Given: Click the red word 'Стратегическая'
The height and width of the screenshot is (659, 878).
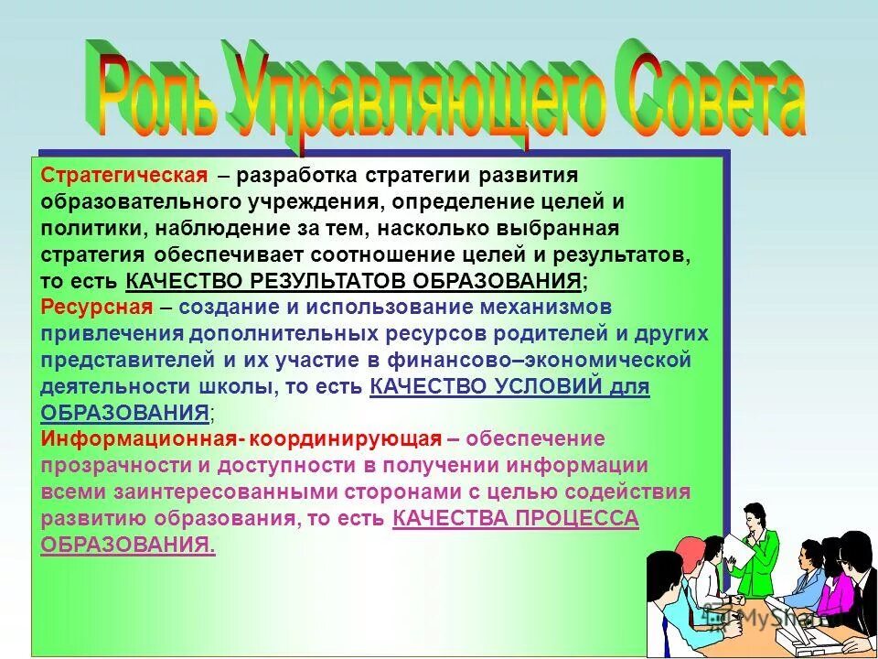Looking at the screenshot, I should tap(118, 175).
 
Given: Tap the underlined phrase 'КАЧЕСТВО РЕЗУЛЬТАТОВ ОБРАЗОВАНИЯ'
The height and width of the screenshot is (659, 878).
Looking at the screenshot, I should tap(353, 280).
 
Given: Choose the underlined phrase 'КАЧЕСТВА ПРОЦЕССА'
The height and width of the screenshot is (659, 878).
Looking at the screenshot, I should tap(515, 518).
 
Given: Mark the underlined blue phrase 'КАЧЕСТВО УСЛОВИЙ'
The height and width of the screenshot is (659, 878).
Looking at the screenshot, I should tap(486, 386).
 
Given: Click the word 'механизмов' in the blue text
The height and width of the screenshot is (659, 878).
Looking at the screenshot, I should tap(530, 307).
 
